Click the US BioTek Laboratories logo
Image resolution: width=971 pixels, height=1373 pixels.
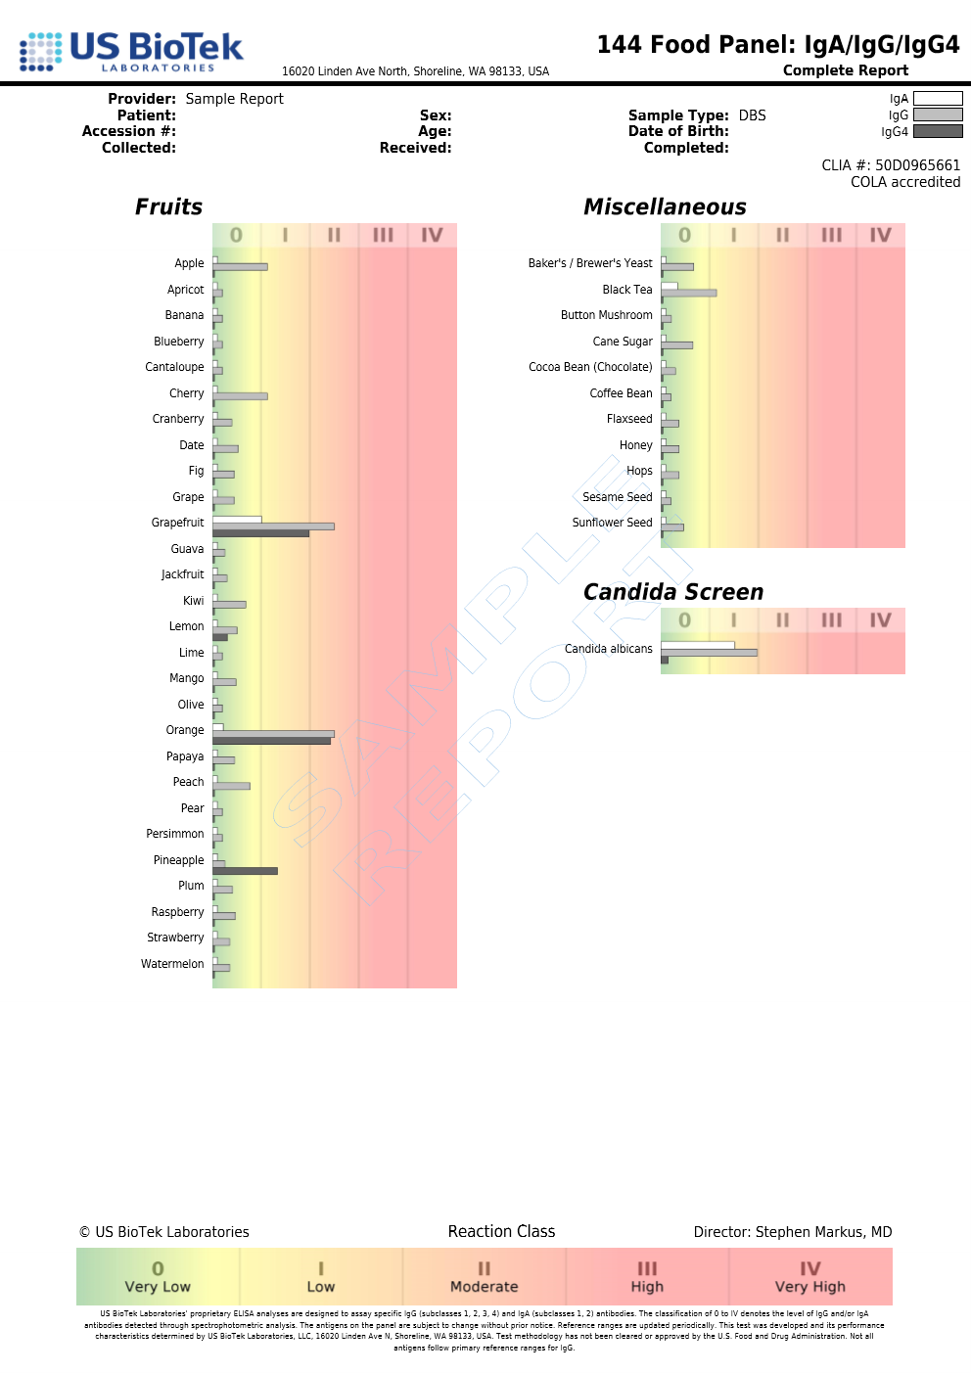click(131, 51)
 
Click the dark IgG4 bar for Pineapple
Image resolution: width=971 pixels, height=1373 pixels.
click(245, 870)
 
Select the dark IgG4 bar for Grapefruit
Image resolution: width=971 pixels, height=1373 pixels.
click(260, 533)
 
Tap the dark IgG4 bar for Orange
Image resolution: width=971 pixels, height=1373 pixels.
click(271, 741)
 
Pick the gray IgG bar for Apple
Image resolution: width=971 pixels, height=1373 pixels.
click(240, 266)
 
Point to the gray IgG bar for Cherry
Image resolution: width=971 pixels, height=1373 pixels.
click(240, 396)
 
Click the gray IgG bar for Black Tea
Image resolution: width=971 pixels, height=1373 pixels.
click(688, 293)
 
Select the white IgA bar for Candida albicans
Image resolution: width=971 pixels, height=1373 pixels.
click(697, 645)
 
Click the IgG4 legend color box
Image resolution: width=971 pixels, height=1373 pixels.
click(938, 132)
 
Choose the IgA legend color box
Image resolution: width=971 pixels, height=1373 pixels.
click(938, 99)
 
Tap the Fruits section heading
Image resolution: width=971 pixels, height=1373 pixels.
click(168, 207)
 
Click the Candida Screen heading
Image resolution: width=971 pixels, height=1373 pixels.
click(673, 592)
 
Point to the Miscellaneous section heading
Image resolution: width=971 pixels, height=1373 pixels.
click(665, 207)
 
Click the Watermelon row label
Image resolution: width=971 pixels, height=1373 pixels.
click(172, 964)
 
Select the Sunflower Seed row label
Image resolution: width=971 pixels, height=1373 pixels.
click(612, 523)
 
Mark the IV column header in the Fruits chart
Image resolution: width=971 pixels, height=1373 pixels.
click(432, 235)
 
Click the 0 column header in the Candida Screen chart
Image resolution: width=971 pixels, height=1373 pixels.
click(684, 620)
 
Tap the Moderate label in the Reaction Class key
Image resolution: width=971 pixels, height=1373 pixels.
click(484, 1287)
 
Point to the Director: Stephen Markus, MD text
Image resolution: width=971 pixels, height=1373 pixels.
click(793, 1232)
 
